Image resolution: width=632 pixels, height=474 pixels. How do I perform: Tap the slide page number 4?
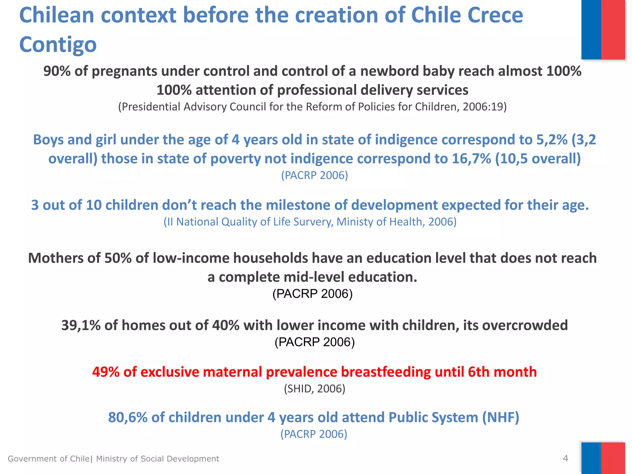pyautogui.click(x=565, y=458)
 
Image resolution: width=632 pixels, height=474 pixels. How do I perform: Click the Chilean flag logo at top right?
pyautogui.click(x=603, y=30)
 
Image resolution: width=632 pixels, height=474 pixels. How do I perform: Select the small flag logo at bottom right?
pyautogui.click(x=603, y=458)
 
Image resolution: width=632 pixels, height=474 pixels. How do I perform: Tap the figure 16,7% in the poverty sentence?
pyautogui.click(x=471, y=159)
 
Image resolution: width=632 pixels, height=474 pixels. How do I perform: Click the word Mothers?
pyautogui.click(x=56, y=258)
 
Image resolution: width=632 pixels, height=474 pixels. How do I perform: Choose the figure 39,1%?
pyautogui.click(x=81, y=326)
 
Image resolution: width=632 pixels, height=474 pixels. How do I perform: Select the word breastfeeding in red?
pyautogui.click(x=386, y=372)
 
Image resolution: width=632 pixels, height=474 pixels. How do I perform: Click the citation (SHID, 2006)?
pyautogui.click(x=314, y=389)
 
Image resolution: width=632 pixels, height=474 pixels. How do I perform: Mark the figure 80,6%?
pyautogui.click(x=128, y=418)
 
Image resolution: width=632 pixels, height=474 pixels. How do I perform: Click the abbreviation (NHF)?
pyautogui.click(x=501, y=418)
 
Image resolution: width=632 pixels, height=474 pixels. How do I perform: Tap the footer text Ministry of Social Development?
pyautogui.click(x=157, y=459)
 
